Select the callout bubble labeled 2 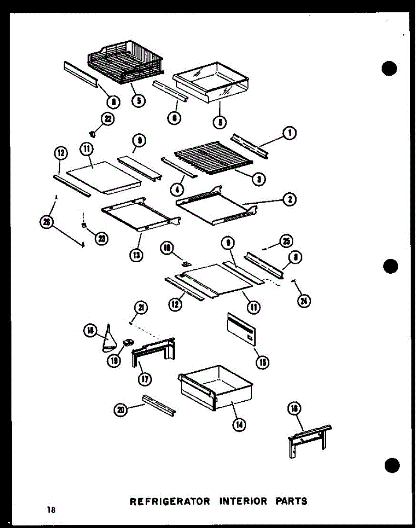[x=290, y=200]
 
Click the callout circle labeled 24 [x=304, y=301]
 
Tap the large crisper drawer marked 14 [x=216, y=387]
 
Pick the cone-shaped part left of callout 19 [x=108, y=340]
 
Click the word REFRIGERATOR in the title [x=165, y=501]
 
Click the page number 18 [x=52, y=510]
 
